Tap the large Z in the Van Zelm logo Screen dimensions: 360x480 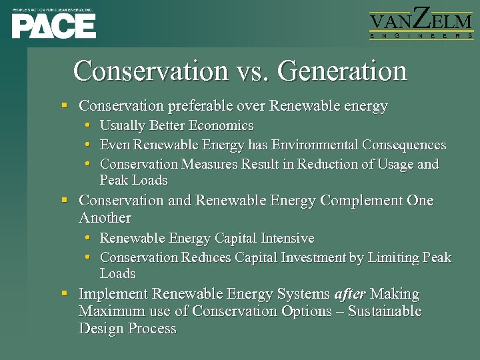[x=421, y=18]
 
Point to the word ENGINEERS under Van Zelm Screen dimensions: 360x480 [x=421, y=35]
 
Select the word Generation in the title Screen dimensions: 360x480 [x=342, y=71]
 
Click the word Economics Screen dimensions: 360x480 [x=221, y=125]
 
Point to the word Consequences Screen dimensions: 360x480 [x=405, y=145]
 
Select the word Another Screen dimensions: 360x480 [x=105, y=218]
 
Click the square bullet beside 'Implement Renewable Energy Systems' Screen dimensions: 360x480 [x=64, y=293]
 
